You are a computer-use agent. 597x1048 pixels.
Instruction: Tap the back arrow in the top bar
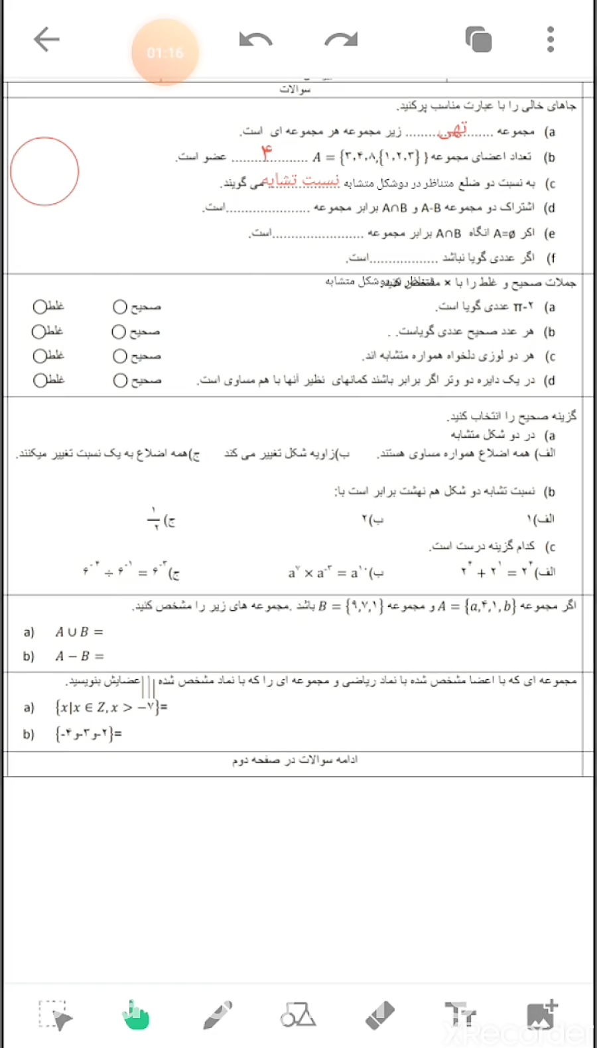tap(46, 40)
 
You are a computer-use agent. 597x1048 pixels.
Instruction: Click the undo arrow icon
tap(255, 40)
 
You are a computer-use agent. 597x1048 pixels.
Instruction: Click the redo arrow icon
tap(341, 40)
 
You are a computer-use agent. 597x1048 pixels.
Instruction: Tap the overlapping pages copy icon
tap(478, 40)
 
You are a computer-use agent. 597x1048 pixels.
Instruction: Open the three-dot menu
tap(550, 40)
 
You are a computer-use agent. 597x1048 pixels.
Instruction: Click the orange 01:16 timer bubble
tap(165, 52)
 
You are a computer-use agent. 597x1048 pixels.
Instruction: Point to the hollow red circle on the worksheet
tap(44, 171)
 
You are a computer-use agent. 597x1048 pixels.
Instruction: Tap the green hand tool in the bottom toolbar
tap(135, 1015)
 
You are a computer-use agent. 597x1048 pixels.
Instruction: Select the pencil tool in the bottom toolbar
tap(218, 1015)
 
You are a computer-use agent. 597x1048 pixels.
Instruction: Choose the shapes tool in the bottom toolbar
tap(298, 1015)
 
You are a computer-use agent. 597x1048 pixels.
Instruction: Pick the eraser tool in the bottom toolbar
tap(379, 1015)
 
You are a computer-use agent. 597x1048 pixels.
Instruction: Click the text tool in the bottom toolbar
tap(460, 1015)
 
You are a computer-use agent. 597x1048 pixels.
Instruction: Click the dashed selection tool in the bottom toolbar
tap(55, 1015)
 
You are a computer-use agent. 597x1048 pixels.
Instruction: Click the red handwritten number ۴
tap(267, 153)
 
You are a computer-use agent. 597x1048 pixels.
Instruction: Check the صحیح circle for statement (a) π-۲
tap(119, 306)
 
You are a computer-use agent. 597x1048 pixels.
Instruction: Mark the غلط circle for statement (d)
tap(40, 380)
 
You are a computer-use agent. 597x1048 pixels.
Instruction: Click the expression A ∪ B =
tap(79, 632)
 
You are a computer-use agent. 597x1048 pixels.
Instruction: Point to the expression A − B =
tap(80, 656)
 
